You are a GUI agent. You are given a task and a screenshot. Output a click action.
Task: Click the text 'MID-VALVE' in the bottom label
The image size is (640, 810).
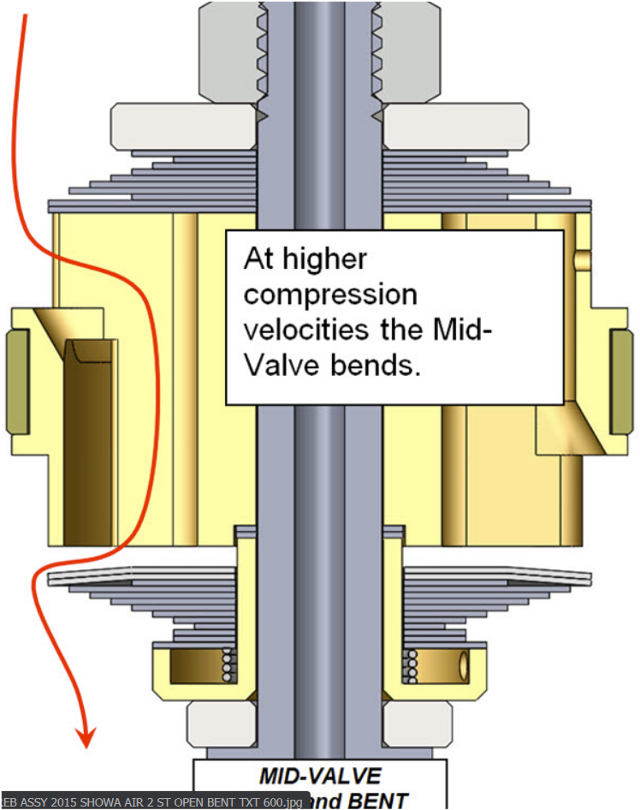[x=320, y=776]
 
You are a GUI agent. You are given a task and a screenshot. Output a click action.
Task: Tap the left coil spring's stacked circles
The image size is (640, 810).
[x=228, y=666]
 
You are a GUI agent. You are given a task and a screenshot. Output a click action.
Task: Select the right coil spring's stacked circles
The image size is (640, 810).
[x=410, y=666]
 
